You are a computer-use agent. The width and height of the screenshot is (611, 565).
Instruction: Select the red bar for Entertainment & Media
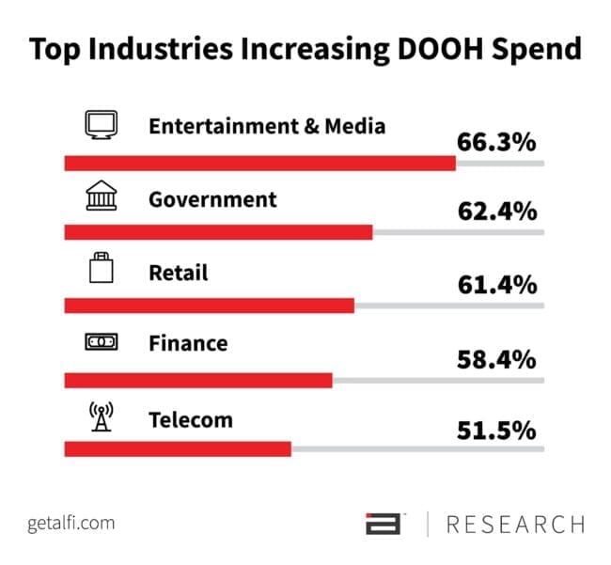click(259, 164)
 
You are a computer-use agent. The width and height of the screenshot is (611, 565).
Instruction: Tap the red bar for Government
click(218, 232)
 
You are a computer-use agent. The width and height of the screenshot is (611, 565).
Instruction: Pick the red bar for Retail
click(209, 306)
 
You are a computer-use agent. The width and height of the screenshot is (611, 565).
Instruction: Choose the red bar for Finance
click(198, 379)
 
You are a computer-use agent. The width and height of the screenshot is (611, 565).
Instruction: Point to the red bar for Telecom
click(178, 449)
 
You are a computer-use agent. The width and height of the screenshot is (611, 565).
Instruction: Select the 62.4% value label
click(496, 211)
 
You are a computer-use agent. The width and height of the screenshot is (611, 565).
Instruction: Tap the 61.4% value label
click(496, 284)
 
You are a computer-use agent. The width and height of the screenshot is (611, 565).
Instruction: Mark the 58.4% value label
click(496, 358)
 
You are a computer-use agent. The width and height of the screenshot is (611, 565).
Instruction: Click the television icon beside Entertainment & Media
click(100, 126)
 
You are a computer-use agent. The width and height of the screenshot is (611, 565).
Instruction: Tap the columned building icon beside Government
click(100, 198)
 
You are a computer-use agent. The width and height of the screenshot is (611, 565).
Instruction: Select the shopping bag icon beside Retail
click(101, 270)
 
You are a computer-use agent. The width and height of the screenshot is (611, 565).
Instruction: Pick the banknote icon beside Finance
click(100, 343)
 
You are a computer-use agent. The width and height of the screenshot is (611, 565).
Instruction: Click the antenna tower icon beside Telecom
click(100, 416)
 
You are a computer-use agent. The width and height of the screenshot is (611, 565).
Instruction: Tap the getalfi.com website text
click(70, 523)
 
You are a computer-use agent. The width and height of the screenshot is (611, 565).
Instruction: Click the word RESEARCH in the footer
click(515, 524)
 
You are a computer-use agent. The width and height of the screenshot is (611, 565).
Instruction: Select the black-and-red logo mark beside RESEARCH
click(384, 524)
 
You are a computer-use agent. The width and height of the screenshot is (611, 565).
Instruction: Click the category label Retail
click(179, 273)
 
